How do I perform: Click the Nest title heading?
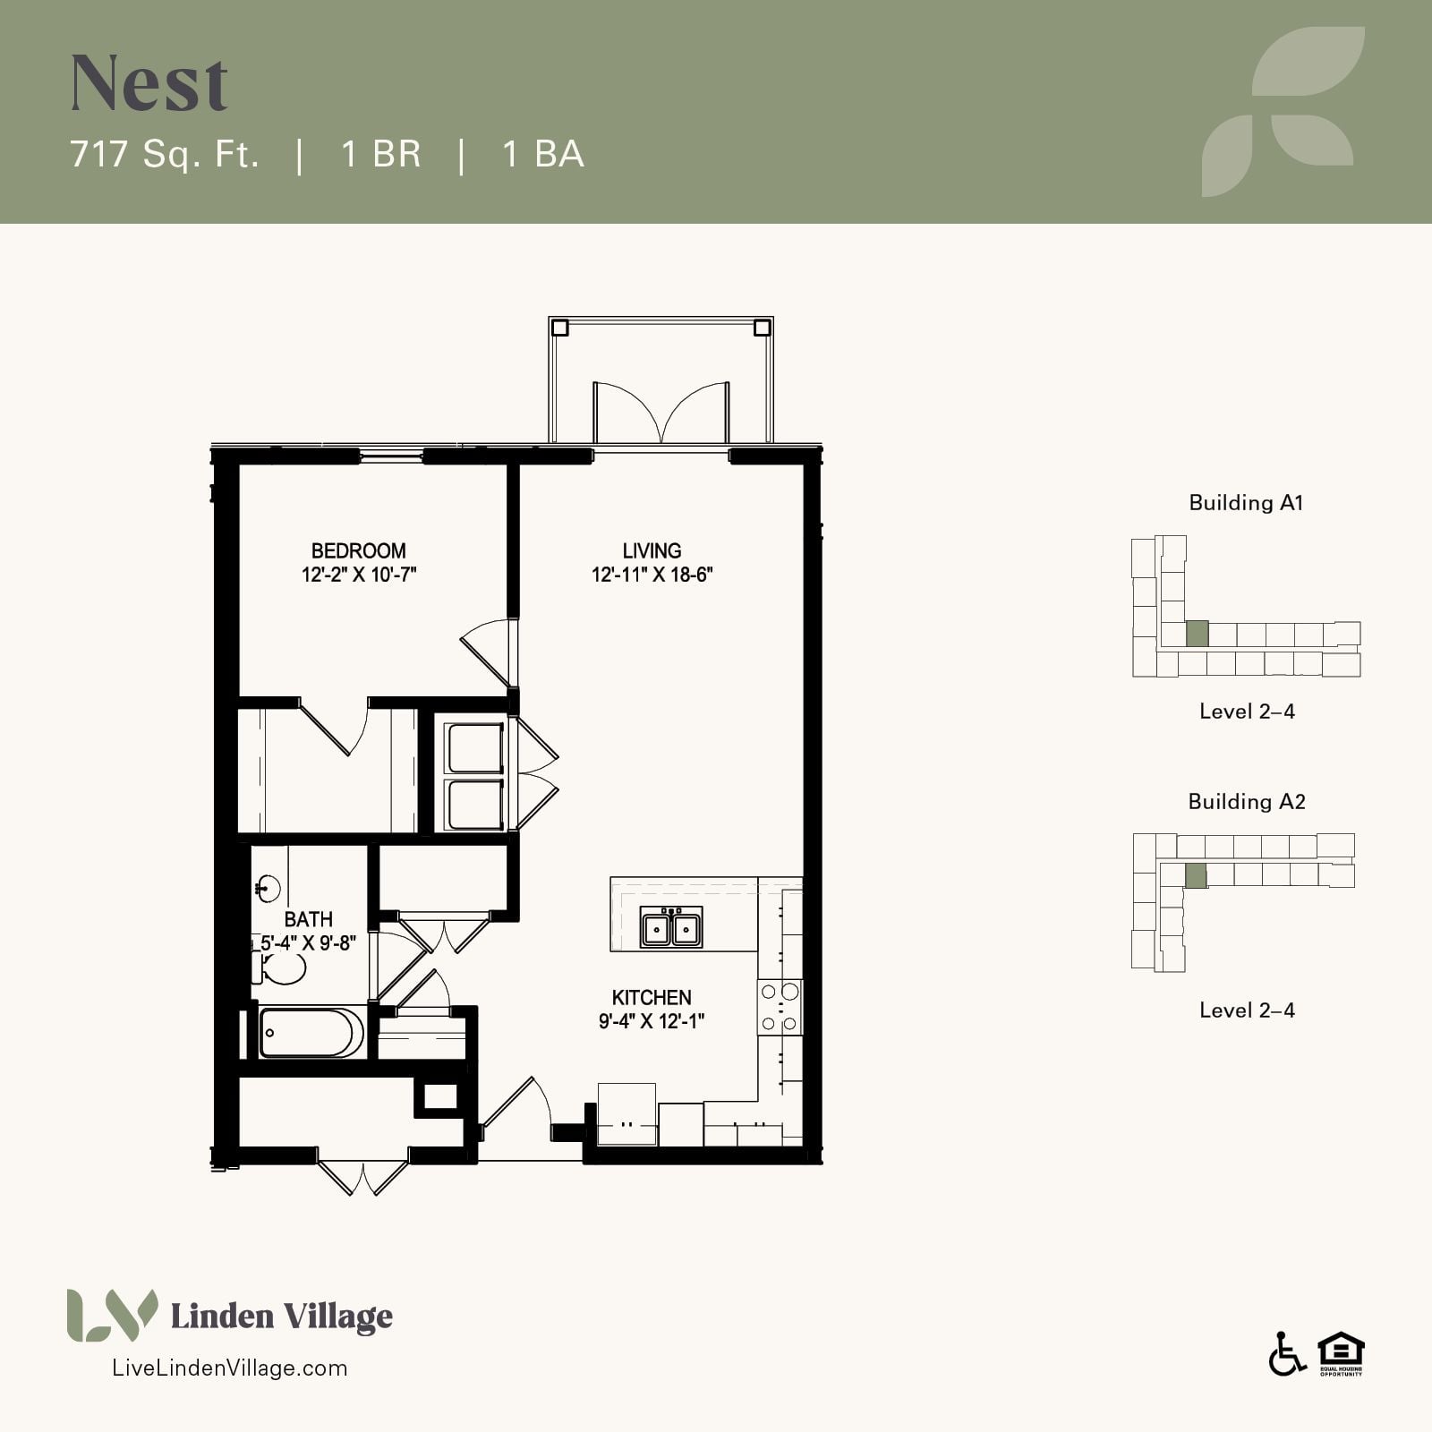click(x=149, y=83)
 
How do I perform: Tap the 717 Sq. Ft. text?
click(x=165, y=154)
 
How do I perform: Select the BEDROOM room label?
click(x=359, y=550)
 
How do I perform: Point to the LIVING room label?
click(x=652, y=550)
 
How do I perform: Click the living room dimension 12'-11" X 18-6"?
click(x=652, y=575)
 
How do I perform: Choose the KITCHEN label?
click(x=652, y=997)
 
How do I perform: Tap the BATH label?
click(x=308, y=919)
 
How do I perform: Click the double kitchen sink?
click(x=671, y=927)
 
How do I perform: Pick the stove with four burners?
click(x=780, y=1008)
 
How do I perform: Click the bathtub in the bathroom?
click(x=311, y=1034)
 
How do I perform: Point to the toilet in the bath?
click(x=279, y=967)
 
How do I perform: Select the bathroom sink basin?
click(x=268, y=889)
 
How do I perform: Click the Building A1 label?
click(x=1246, y=503)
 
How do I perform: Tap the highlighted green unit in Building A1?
click(x=1197, y=634)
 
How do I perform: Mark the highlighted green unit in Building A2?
click(x=1196, y=875)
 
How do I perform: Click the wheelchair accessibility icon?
click(x=1287, y=1354)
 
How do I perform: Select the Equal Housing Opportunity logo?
click(x=1341, y=1354)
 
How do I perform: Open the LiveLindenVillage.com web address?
click(x=229, y=1368)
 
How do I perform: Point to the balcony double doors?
click(x=661, y=413)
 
